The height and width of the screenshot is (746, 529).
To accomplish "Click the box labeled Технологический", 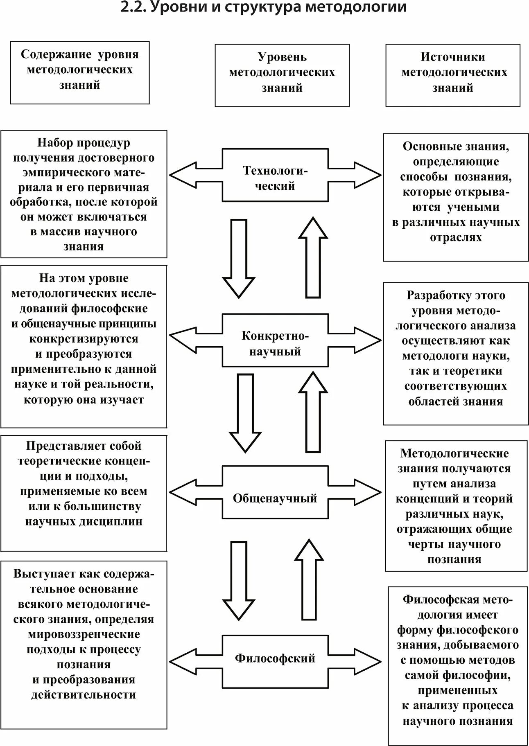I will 275,175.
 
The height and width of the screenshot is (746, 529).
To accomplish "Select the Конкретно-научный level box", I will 275,340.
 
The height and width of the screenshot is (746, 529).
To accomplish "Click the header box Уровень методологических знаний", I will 282,75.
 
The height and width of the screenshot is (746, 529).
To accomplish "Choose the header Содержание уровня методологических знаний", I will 80,72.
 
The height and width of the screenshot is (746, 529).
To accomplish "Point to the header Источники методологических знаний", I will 453,75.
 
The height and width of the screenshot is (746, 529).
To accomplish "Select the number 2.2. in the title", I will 133,7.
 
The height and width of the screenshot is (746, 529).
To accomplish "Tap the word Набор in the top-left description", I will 56,143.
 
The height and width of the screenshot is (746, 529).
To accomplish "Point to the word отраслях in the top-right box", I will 456,237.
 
